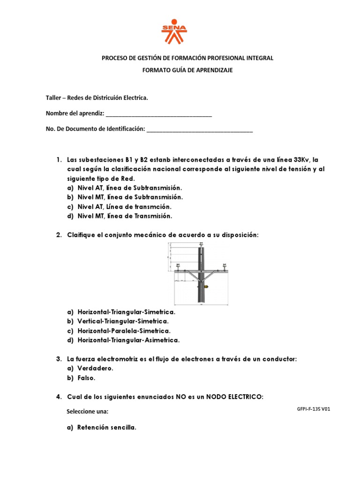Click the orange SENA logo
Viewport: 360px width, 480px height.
click(x=174, y=31)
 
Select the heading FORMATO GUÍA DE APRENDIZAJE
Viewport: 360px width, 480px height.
click(x=187, y=70)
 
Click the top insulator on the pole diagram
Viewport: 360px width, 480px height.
click(x=201, y=245)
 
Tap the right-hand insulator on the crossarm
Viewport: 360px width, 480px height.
click(x=224, y=265)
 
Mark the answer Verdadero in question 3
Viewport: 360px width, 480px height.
click(x=95, y=368)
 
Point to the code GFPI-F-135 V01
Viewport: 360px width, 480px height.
click(x=314, y=409)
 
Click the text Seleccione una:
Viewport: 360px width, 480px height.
click(x=88, y=411)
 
